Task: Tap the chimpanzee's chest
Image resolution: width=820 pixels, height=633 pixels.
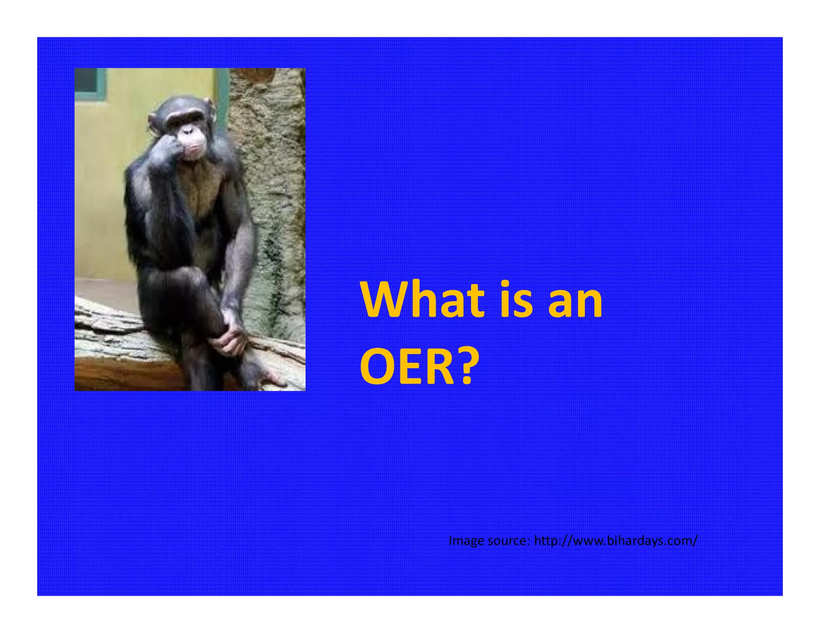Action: pos(200,188)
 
